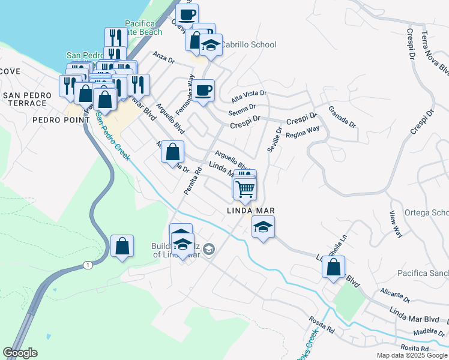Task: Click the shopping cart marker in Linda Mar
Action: coord(245,189)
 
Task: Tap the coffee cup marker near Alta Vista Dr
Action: coord(203,91)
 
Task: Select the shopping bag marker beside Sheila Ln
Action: coord(333,266)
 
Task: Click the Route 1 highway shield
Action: coord(88,265)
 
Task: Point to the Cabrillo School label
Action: coord(248,44)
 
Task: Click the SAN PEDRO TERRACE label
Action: coord(25,99)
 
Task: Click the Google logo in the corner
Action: coord(20,353)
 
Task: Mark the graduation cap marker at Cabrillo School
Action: coord(211,46)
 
